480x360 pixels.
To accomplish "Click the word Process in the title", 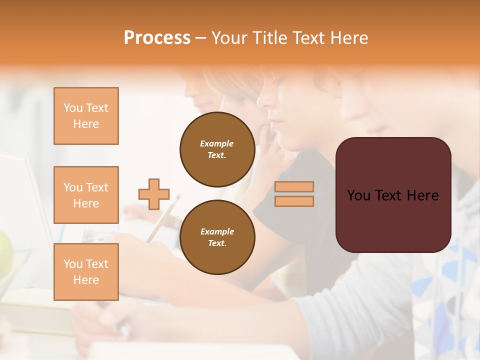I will coord(157,37).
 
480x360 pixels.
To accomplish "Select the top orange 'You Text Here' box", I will coord(86,116).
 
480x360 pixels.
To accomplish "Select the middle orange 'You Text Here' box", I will coord(86,195).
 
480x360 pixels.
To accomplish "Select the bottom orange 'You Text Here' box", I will coord(86,272).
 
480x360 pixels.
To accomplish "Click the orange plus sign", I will coord(154,194).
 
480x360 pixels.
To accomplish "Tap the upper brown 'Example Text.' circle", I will coord(217,149).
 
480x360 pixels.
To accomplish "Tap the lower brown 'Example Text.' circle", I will coord(217,237).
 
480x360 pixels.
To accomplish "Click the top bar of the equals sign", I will coord(294,186).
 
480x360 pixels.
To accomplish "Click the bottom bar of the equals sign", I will coord(294,201).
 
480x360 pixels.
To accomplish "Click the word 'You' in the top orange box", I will coord(72,108).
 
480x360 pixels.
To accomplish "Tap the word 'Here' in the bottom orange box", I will coord(86,280).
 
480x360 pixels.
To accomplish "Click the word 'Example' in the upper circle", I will coord(217,143).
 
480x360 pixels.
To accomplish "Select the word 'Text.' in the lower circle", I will coord(217,243).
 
